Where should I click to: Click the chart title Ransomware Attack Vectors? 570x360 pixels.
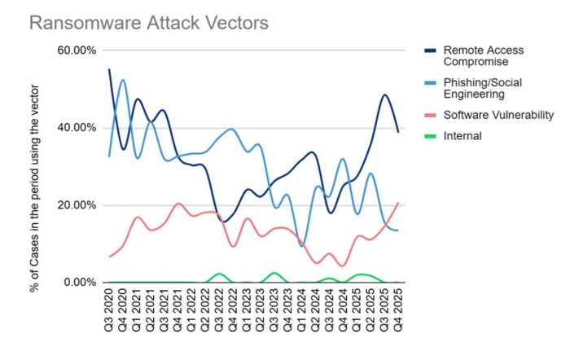[148, 23]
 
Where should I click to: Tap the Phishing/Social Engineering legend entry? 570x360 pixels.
[480, 88]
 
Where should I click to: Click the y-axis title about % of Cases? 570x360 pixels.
[37, 167]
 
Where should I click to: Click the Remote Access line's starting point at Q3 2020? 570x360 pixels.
[109, 69]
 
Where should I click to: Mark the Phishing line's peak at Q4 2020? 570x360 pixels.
[123, 80]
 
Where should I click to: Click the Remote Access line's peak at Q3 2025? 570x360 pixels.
[384, 95]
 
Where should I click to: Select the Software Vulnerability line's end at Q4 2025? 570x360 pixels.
[398, 203]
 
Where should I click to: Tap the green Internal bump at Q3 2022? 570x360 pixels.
[219, 274]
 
